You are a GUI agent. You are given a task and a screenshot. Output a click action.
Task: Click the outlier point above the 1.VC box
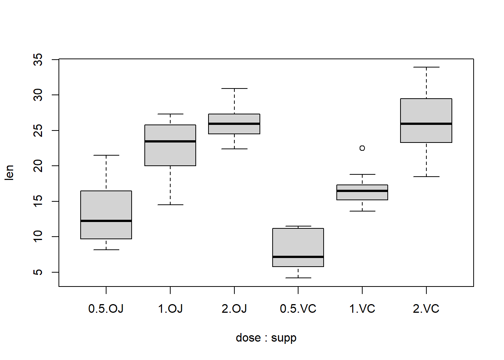click(x=362, y=148)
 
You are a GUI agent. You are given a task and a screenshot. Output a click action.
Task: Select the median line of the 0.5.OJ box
click(x=106, y=221)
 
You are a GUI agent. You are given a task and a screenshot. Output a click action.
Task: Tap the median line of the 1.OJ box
click(x=170, y=141)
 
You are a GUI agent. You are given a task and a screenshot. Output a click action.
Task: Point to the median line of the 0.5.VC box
click(x=298, y=257)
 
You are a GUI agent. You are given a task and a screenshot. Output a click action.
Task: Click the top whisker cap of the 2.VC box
click(x=426, y=67)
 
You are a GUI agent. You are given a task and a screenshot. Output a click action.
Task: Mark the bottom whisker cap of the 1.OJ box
click(x=170, y=205)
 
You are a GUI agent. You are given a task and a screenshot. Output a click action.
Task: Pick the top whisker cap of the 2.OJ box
click(x=234, y=88)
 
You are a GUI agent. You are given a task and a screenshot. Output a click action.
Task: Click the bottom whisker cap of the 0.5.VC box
click(x=298, y=278)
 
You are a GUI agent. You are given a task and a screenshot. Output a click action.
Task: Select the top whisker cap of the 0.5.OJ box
click(x=106, y=155)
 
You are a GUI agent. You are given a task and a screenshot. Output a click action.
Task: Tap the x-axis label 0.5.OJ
click(x=106, y=309)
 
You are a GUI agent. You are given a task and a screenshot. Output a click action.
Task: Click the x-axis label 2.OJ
click(x=234, y=309)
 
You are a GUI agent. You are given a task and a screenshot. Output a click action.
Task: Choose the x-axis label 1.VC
click(x=362, y=309)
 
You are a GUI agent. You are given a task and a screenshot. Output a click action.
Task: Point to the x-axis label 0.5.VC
click(x=298, y=309)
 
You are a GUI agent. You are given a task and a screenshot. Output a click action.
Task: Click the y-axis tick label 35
click(x=38, y=60)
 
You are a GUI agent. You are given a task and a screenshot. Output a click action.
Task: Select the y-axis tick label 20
click(x=38, y=166)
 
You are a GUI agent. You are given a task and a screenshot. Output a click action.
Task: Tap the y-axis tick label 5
click(x=38, y=272)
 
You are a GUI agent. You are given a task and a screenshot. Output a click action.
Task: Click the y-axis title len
click(x=9, y=172)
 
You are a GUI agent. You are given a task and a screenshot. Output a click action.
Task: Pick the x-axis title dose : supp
click(x=266, y=338)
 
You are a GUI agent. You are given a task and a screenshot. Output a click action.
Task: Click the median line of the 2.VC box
click(x=426, y=124)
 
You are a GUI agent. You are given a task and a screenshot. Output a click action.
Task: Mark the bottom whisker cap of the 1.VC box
click(x=362, y=211)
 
